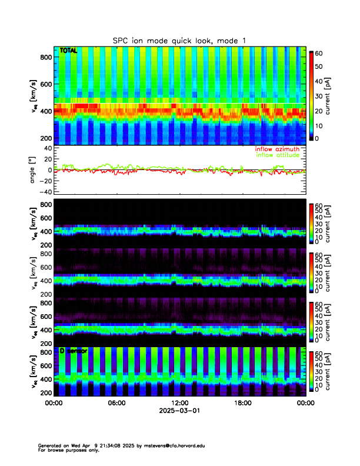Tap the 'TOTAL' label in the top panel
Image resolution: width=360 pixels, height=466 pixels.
(x=68, y=51)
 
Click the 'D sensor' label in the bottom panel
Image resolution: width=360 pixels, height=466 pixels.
(x=73, y=351)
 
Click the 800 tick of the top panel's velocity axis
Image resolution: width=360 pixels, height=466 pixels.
(x=45, y=56)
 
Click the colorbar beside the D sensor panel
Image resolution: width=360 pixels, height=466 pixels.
(x=312, y=371)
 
